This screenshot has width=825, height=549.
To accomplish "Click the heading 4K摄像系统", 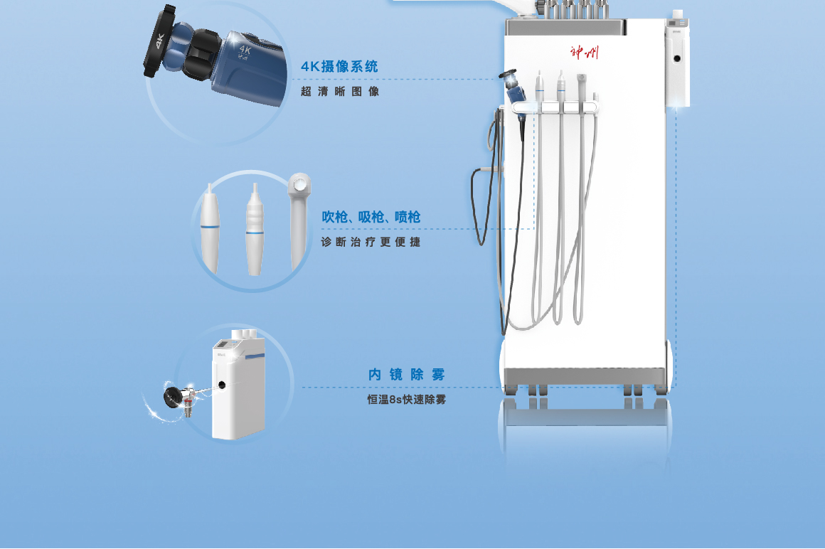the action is [x=339, y=67].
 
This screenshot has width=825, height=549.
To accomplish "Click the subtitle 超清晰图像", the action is [x=340, y=92].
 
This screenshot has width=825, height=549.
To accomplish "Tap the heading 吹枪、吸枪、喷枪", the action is [x=371, y=217].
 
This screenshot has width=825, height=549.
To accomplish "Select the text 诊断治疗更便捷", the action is [x=371, y=242].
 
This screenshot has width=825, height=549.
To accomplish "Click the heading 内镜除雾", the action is [x=407, y=374].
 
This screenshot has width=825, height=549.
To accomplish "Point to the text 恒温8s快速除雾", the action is [x=407, y=400].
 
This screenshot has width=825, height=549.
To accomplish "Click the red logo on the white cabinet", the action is [x=584, y=53].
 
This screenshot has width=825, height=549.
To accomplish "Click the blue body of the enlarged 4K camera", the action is [x=247, y=68].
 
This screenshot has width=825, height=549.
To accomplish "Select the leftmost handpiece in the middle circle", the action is [x=210, y=229].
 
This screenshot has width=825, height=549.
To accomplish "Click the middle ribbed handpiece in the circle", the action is [x=255, y=230].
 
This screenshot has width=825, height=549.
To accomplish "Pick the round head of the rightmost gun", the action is [x=299, y=185].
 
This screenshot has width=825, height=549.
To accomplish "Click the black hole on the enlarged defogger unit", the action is [x=222, y=385].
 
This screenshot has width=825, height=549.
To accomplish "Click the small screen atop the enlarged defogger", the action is [x=223, y=344].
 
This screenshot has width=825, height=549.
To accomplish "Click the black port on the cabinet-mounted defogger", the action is [x=677, y=58].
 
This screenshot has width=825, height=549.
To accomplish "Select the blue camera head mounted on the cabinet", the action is [x=514, y=87].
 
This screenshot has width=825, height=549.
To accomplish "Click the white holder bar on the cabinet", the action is [x=555, y=108].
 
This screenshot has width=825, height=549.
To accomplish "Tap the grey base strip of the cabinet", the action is [x=585, y=376].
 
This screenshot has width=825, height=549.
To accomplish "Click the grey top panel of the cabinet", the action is [x=565, y=27].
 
